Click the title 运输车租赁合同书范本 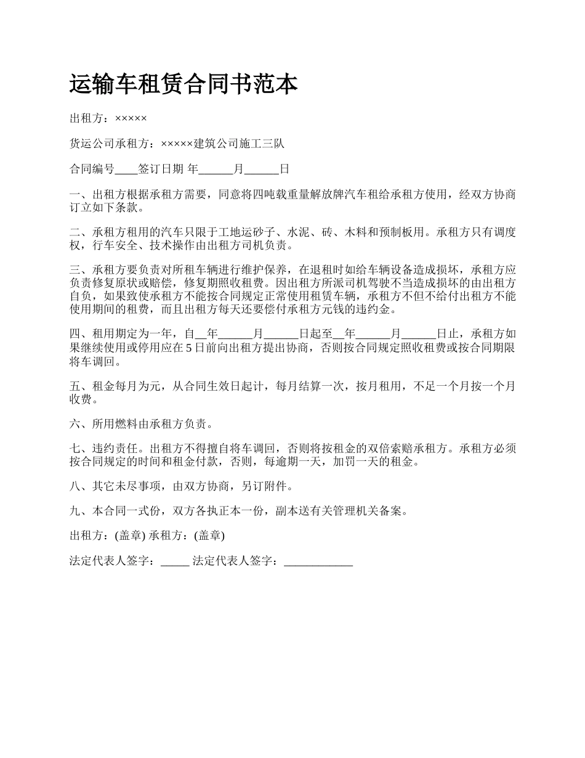pyautogui.click(x=184, y=84)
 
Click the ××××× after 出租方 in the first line pyautogui.click(x=131, y=118)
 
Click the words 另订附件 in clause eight pyautogui.click(x=267, y=486)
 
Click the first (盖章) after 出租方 pyautogui.click(x=131, y=536)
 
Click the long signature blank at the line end pyautogui.click(x=318, y=561)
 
